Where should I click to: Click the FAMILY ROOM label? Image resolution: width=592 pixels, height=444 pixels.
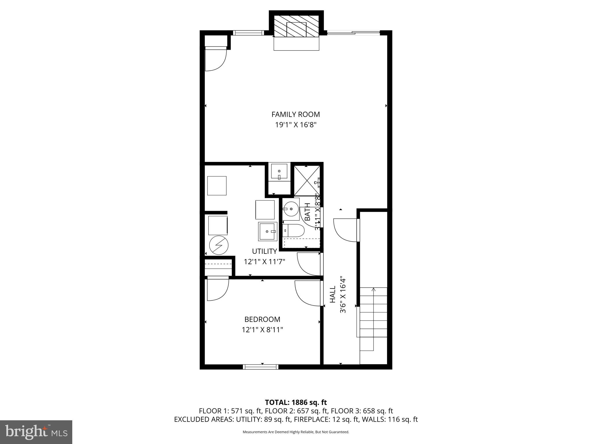(295, 114)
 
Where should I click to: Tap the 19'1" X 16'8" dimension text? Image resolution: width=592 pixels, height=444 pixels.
(295, 125)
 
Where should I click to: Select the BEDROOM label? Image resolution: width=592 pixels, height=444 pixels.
(262, 319)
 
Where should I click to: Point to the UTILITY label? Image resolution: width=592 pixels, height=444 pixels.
(264, 251)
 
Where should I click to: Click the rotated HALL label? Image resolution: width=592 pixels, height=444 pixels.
(333, 295)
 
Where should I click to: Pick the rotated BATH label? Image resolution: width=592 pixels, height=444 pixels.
(307, 212)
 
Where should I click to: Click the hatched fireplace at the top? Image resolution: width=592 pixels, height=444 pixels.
(296, 26)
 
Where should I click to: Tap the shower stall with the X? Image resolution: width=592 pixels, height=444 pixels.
(307, 181)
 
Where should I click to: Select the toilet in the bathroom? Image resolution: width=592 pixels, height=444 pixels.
(294, 231)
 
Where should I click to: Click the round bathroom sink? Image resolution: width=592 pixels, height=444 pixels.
(291, 208)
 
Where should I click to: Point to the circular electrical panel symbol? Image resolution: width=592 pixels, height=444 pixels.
(219, 245)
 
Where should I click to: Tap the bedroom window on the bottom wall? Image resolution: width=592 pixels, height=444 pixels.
(260, 367)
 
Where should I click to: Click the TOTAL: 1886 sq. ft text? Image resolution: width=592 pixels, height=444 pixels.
(296, 402)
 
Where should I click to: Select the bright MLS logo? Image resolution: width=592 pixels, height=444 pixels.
(36, 432)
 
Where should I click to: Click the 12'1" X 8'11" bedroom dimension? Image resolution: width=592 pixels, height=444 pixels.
(262, 330)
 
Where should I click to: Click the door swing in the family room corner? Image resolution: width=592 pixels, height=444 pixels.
(215, 59)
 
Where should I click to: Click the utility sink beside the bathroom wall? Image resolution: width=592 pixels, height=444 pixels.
(268, 231)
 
